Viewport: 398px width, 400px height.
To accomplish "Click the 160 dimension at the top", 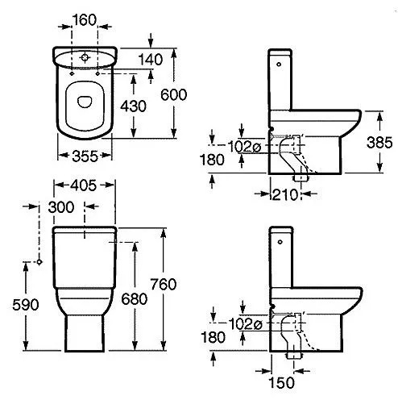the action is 85,20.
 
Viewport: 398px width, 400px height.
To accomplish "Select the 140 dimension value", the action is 151,60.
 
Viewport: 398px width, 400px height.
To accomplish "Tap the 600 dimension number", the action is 173,94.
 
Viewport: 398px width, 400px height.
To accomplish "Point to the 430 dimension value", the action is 133,106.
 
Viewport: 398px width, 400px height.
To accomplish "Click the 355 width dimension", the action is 85,156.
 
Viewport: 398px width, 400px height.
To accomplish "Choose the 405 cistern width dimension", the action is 83,185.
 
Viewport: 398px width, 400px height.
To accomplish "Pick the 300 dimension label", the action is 61,207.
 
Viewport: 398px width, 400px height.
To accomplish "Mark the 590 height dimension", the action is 26,305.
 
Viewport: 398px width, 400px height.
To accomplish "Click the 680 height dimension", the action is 135,298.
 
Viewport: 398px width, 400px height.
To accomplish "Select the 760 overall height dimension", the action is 164,284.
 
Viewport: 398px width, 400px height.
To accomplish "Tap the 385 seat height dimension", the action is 379,142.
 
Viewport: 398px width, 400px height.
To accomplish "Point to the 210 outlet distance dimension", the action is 285,194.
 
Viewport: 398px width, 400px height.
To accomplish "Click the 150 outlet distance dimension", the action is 281,382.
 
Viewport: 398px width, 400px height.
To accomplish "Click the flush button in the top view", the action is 85,57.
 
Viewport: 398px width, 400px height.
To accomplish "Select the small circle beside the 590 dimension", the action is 39,261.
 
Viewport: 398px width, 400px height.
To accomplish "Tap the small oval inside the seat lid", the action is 85,102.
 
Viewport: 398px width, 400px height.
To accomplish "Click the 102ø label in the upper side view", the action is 244,147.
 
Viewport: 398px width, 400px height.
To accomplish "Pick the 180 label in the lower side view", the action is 213,337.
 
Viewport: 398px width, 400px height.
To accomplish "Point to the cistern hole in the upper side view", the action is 279,65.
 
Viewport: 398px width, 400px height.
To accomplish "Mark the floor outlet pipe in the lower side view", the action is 294,356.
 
